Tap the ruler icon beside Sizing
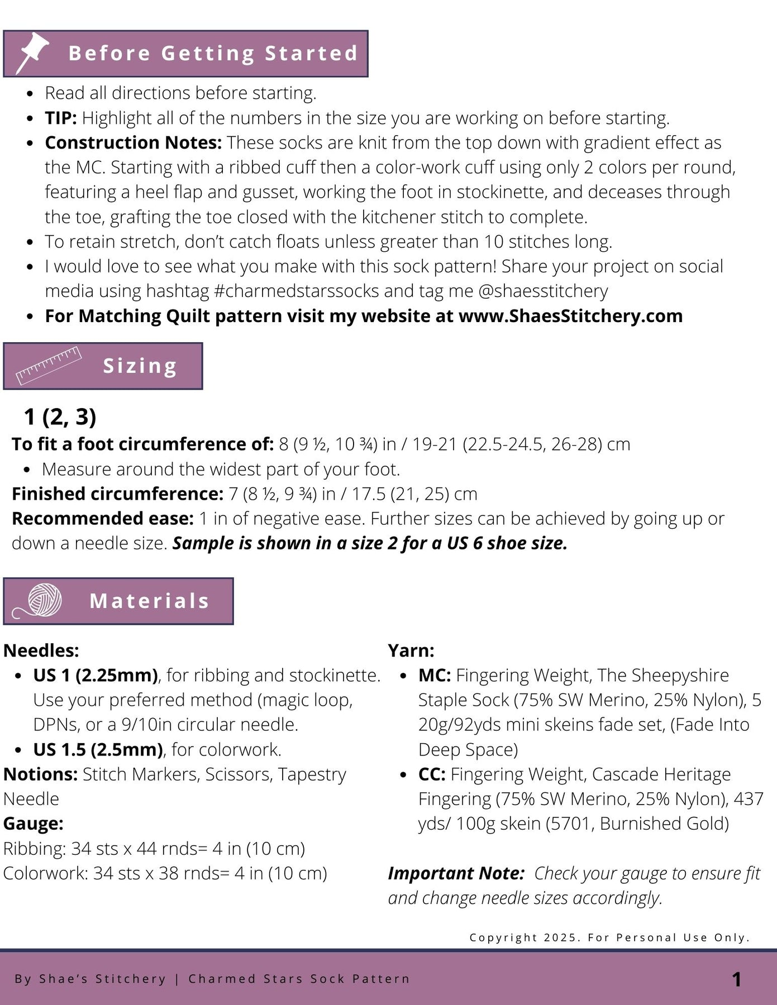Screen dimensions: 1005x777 [x=49, y=366]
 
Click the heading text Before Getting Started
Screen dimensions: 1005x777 [x=213, y=53]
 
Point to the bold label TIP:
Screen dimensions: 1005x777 [x=61, y=118]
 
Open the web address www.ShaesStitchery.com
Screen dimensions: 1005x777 [x=570, y=316]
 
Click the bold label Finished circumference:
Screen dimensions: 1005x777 [x=118, y=494]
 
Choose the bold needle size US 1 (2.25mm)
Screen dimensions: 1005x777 [x=96, y=676]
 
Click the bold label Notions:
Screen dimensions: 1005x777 [x=40, y=774]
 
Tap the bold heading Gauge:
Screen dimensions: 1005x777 [x=34, y=824]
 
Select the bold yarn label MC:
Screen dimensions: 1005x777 [x=435, y=676]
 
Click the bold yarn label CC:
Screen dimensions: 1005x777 [x=432, y=774]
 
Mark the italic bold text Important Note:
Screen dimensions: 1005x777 [x=456, y=873]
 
